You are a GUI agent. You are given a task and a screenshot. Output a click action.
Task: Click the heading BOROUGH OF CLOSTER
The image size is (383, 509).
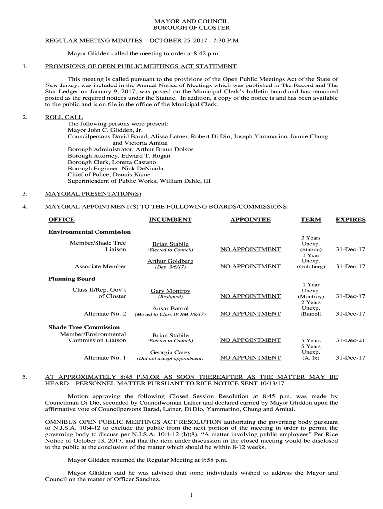[191, 29]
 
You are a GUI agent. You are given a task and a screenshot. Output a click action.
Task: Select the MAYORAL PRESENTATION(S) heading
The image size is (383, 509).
[93, 194]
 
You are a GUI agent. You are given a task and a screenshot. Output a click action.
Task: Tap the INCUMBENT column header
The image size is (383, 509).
[170, 220]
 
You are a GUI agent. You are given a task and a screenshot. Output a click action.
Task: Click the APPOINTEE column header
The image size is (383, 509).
[250, 220]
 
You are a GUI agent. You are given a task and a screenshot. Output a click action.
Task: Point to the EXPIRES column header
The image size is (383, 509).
[350, 220]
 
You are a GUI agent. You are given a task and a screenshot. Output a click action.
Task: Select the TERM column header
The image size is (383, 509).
[311, 220]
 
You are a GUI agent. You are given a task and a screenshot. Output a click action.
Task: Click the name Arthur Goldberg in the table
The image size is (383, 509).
[170, 261]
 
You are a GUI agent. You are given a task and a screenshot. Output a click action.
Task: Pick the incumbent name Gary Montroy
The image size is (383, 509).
[170, 291]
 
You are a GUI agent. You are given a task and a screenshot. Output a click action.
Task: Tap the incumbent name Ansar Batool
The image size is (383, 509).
[170, 309]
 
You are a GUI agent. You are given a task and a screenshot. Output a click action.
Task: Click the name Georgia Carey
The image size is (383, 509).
[170, 352]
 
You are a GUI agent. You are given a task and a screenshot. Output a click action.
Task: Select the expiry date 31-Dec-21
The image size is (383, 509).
[350, 340]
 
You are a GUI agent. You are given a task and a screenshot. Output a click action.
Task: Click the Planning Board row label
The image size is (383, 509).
[71, 279]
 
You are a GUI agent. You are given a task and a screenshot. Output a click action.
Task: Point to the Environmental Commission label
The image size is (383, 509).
[90, 232]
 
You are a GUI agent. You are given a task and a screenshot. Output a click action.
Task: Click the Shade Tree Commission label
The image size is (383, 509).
[84, 327]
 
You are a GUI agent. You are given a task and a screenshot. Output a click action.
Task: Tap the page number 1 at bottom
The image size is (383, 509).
[191, 495]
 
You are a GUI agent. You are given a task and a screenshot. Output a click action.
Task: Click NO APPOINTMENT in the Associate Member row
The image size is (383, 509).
[250, 267]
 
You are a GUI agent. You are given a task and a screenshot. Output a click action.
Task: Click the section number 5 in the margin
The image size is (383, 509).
[24, 377]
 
